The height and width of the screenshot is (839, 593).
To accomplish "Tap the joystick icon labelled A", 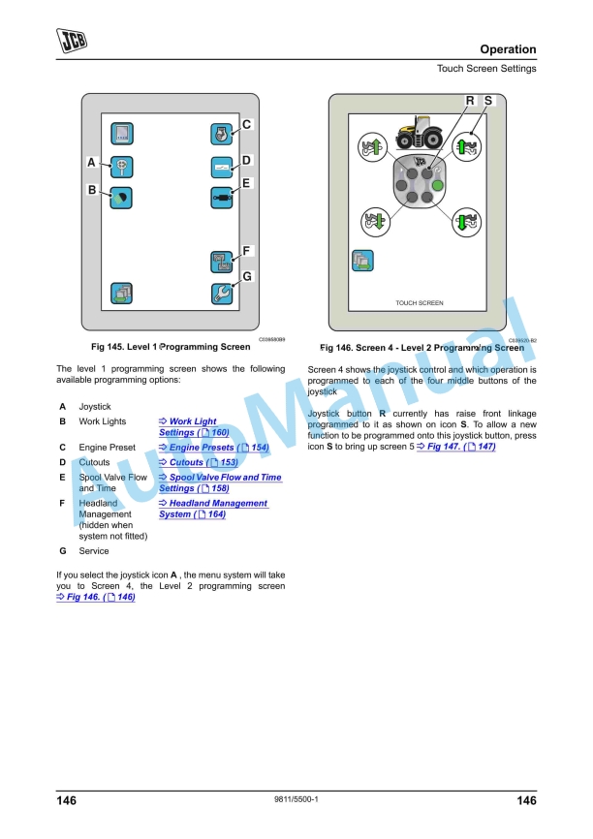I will point(122,166).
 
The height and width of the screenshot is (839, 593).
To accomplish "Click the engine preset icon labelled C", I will point(222,134).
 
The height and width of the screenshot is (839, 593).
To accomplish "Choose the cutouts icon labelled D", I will point(222,167).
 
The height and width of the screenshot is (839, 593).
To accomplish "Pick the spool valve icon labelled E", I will point(222,197).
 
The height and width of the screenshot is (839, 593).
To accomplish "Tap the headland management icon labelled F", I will point(222,261).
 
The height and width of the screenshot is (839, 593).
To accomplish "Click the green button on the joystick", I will point(437,185).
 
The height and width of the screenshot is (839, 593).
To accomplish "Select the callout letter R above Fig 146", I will point(470,101).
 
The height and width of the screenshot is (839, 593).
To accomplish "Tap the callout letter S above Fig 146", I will point(487,101).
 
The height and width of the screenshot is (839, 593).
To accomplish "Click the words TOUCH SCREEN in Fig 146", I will point(420,303).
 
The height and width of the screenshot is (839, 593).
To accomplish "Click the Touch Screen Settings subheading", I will point(485,69).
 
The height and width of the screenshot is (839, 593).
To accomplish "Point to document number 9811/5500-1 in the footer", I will point(296,799).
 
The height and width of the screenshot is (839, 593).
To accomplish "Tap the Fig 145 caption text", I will point(170,346).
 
